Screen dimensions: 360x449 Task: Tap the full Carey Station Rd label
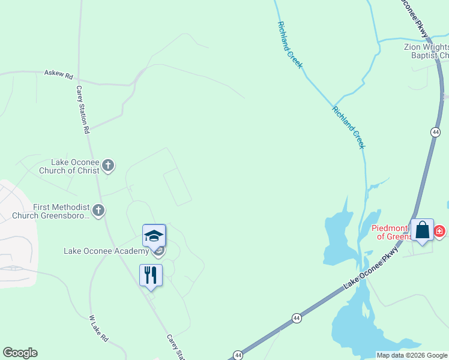click(83, 109)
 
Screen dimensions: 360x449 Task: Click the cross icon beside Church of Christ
click(108, 165)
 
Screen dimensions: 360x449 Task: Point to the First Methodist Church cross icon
click(99, 211)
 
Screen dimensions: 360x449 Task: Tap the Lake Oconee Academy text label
click(106, 251)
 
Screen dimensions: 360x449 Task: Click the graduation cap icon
click(154, 235)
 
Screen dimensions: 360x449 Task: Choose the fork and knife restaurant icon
click(151, 275)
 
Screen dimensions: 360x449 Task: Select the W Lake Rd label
click(98, 329)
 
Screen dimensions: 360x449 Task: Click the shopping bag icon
click(422, 230)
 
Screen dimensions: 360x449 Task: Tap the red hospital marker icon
click(439, 230)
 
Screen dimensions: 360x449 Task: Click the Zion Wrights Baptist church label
click(426, 51)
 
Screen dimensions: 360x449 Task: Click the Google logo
click(20, 353)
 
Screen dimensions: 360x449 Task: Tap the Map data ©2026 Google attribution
click(412, 355)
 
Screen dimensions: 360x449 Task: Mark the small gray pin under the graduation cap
click(157, 251)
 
